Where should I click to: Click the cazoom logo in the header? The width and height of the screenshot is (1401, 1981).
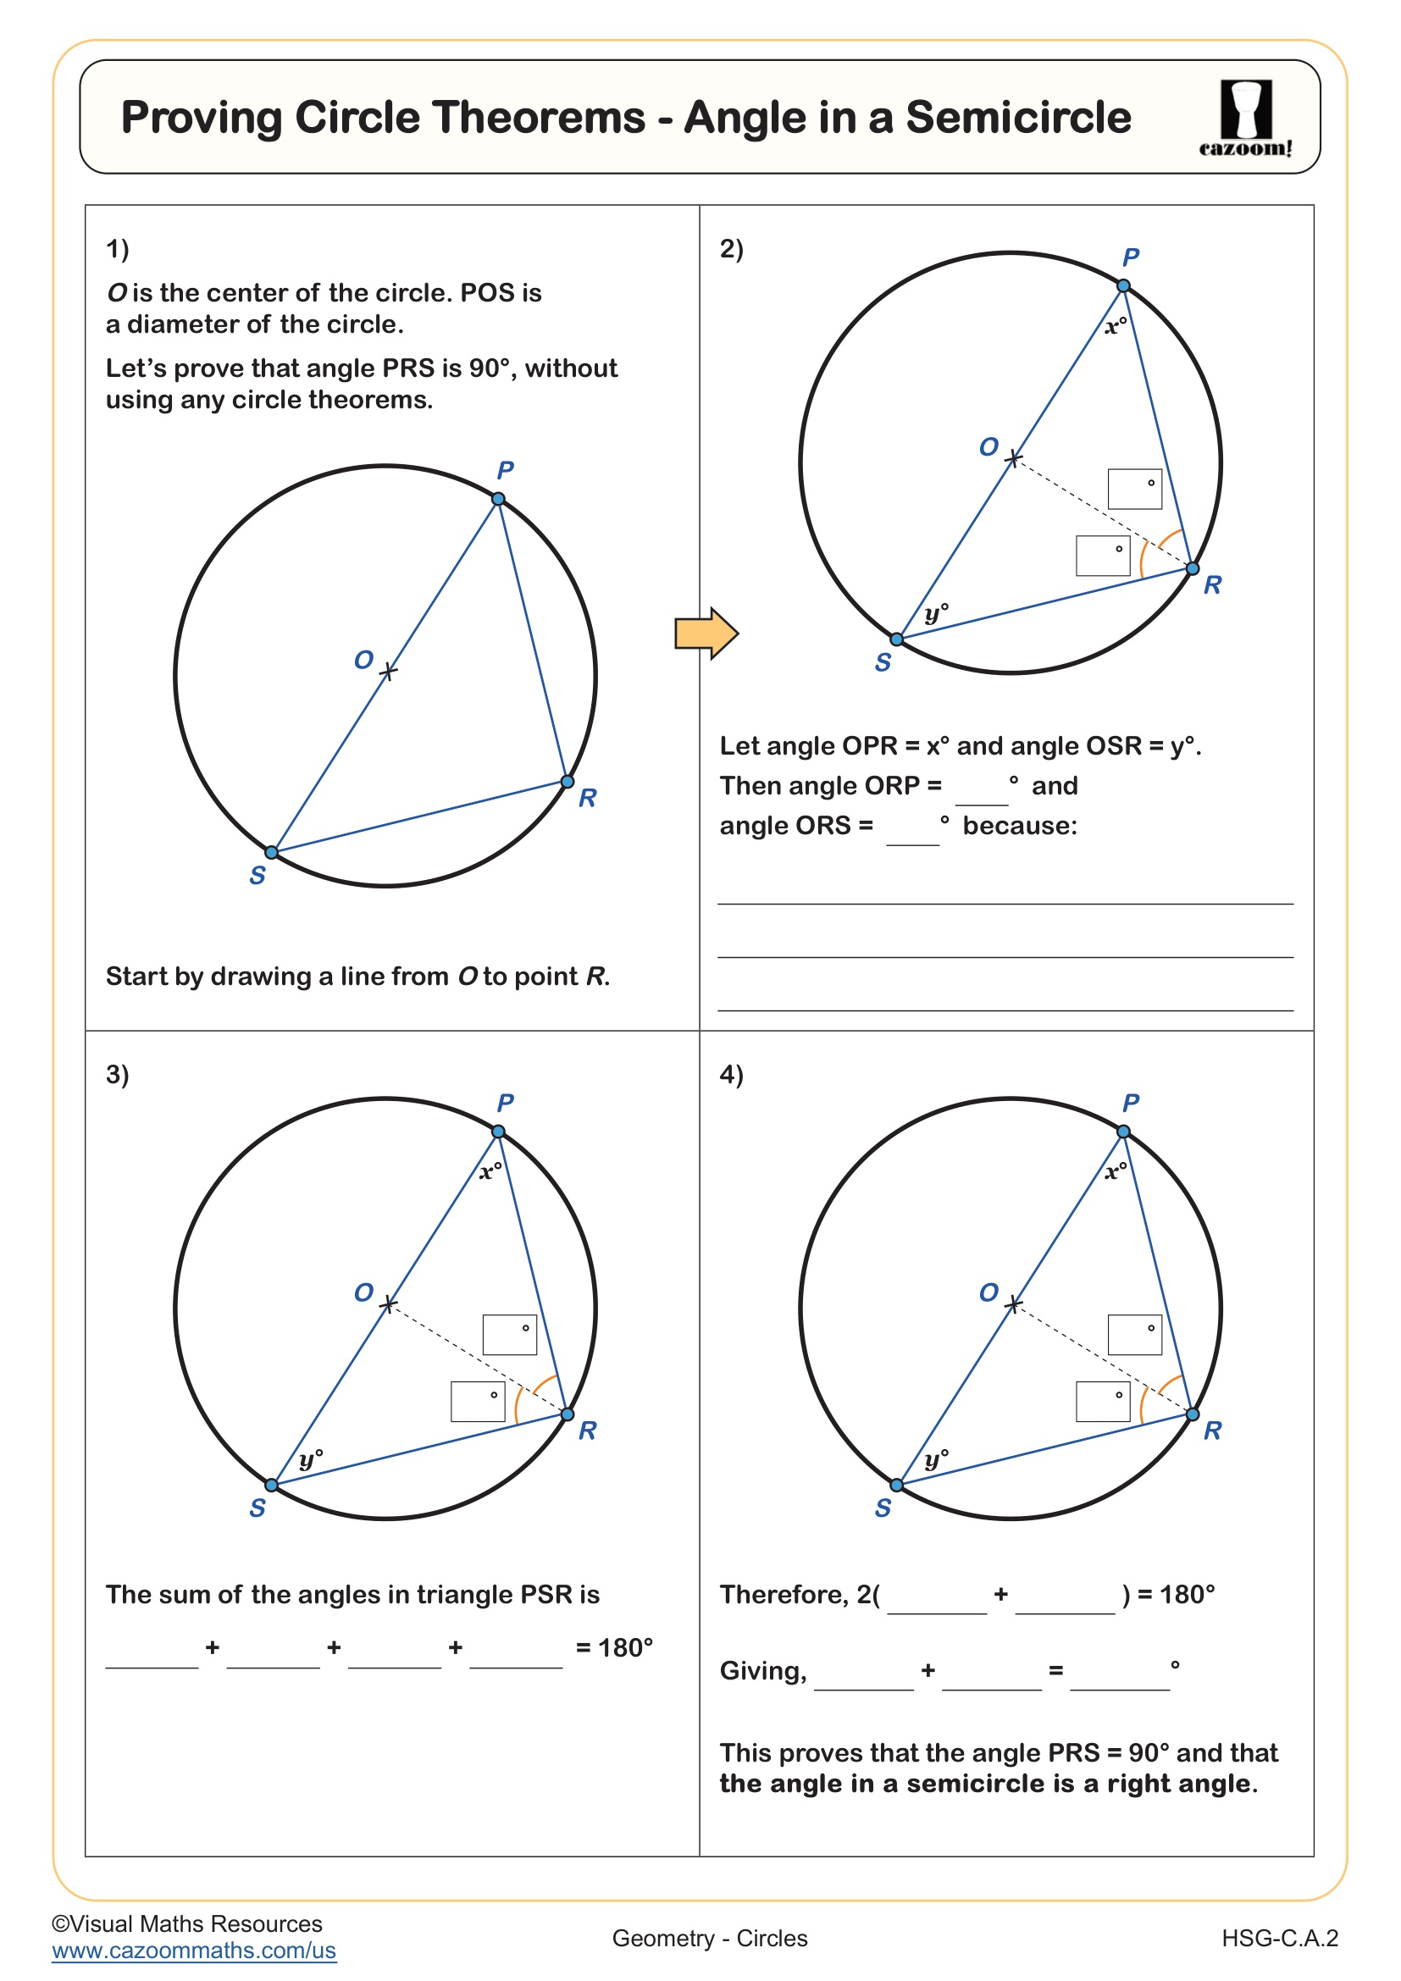click(x=1245, y=118)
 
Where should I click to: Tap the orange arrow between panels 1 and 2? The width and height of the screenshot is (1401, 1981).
click(x=706, y=634)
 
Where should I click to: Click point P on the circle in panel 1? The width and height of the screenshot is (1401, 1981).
click(x=499, y=499)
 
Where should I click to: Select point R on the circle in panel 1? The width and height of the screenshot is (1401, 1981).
click(x=567, y=782)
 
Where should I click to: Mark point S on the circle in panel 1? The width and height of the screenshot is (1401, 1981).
click(x=272, y=853)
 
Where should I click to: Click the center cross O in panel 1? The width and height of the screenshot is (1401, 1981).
click(x=388, y=672)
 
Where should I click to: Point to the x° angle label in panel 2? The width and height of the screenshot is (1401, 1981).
click(x=1116, y=326)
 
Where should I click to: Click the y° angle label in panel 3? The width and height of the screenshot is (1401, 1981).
click(x=311, y=1459)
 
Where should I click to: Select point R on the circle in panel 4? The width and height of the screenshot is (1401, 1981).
click(x=1193, y=1414)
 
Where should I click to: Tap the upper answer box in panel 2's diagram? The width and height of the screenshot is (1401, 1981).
click(x=1134, y=490)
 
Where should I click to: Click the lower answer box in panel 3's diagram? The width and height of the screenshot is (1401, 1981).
click(x=477, y=1401)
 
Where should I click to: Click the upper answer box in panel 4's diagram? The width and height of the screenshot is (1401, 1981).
click(x=1134, y=1335)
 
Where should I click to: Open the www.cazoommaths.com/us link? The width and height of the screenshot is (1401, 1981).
click(x=193, y=1951)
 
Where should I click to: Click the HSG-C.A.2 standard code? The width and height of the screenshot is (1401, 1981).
click(x=1279, y=1939)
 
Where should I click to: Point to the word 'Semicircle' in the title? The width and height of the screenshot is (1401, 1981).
click(x=1018, y=118)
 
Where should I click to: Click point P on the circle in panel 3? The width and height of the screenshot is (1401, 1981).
click(x=499, y=1132)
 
